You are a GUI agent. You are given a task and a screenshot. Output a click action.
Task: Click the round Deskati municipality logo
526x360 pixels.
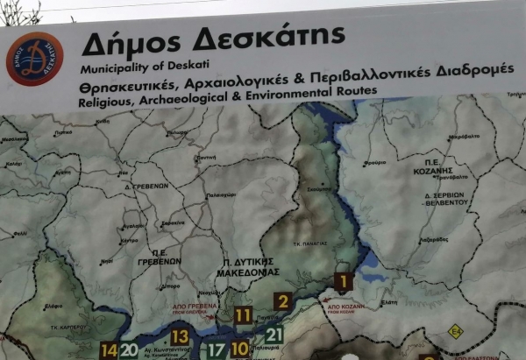[35, 59]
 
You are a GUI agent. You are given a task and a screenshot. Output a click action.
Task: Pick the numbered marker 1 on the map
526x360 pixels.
[343, 282]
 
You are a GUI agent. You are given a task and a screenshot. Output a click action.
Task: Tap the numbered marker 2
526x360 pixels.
[281, 302]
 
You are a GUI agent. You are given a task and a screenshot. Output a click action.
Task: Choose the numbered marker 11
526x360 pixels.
[243, 315]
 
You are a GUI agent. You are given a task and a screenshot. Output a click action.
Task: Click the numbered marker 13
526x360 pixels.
[180, 336]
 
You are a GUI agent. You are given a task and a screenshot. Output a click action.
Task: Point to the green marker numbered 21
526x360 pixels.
[274, 334]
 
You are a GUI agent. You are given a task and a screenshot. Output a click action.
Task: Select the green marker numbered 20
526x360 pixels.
[129, 350]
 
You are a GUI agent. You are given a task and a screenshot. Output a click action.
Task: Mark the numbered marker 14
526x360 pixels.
[109, 350]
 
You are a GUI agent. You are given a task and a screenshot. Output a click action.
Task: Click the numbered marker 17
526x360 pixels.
[217, 349]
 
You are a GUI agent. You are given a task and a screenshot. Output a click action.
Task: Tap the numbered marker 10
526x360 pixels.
[240, 349]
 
